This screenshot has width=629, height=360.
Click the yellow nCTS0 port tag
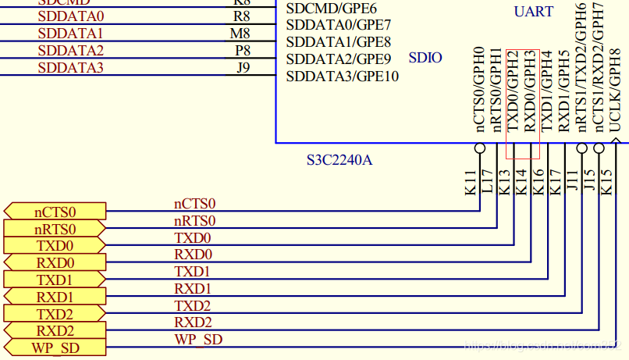pyautogui.click(x=55, y=212)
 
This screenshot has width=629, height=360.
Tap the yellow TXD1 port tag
pyautogui.click(x=55, y=280)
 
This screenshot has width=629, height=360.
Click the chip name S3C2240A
pyautogui.click(x=339, y=161)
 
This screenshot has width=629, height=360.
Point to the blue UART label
pyautogui.click(x=534, y=12)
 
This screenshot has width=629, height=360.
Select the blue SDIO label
pyautogui.click(x=425, y=58)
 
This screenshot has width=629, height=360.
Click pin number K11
pyautogui.click(x=469, y=182)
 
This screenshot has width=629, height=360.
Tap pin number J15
pyautogui.click(x=589, y=182)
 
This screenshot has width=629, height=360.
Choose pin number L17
pyautogui.click(x=486, y=182)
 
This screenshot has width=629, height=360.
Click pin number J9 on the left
pyautogui.click(x=243, y=68)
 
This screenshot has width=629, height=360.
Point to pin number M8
pyautogui.click(x=240, y=34)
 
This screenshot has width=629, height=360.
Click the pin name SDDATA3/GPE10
pyautogui.click(x=343, y=77)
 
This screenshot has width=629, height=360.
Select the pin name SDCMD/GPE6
pyautogui.click(x=332, y=9)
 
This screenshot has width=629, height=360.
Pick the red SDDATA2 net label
pyautogui.click(x=70, y=51)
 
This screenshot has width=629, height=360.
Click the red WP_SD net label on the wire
pyautogui.click(x=197, y=339)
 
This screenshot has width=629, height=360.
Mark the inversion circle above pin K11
pyautogui.click(x=480, y=148)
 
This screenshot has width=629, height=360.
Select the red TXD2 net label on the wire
pyautogui.click(x=192, y=305)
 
